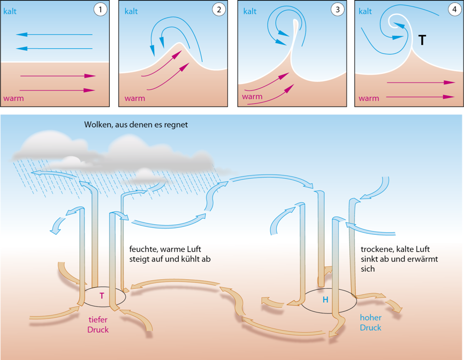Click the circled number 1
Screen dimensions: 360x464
click(100, 9)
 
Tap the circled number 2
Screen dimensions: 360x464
click(218, 9)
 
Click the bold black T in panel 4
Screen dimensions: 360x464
click(422, 40)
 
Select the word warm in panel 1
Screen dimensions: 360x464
click(13, 98)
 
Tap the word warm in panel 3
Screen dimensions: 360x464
click(252, 97)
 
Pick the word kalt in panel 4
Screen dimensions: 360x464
click(365, 11)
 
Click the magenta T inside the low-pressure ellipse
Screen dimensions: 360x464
click(102, 295)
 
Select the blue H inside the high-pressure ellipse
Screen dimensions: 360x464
click(325, 300)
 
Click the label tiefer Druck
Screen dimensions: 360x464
click(98, 325)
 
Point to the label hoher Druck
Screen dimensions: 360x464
click(370, 322)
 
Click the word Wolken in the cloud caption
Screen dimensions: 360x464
click(98, 125)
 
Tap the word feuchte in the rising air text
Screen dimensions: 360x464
click(144, 249)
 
